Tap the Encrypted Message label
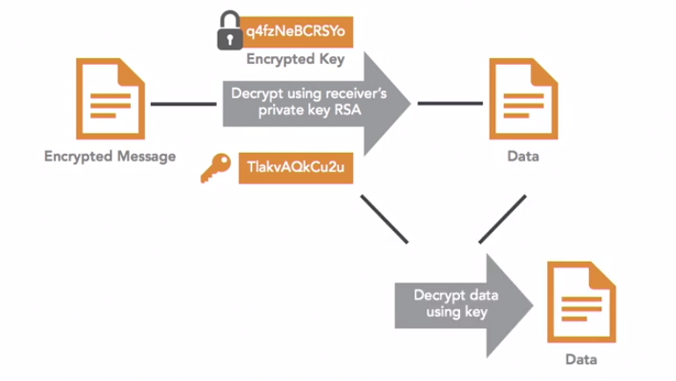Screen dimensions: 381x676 tap(110, 156)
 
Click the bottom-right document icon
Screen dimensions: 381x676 tap(580, 302)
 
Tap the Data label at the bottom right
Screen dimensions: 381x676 tap(580, 360)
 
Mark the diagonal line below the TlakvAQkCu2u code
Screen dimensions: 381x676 tap(385, 219)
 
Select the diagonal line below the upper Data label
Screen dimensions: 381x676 tap(502, 219)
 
